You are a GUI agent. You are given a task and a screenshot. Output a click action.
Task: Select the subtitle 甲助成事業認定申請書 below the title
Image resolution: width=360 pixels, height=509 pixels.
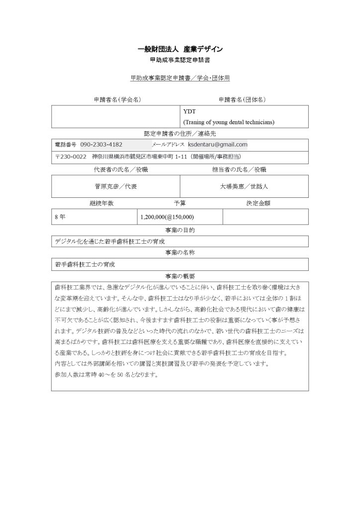pos(180,61)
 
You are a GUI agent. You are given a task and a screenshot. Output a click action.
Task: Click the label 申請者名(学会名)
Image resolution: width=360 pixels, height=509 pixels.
pos(115,99)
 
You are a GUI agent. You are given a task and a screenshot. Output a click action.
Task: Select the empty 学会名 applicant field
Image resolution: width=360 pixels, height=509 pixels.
pos(115,116)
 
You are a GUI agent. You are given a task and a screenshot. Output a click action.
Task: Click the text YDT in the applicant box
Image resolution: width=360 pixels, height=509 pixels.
pos(189,112)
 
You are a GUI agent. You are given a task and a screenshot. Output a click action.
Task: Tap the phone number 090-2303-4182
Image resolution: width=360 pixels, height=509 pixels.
pos(101,144)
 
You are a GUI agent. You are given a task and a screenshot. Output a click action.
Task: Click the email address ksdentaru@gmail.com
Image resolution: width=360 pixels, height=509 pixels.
pos(217,144)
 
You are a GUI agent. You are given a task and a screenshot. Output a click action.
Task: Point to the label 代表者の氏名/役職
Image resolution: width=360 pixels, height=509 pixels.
pos(115,170)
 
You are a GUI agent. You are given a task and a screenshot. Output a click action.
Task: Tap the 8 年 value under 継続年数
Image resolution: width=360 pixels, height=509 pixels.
pos(60,217)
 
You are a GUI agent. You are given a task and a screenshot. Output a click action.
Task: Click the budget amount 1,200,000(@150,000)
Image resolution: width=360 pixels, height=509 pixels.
pos(167,217)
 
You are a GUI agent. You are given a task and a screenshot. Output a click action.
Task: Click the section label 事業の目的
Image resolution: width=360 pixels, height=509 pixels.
pos(180,230)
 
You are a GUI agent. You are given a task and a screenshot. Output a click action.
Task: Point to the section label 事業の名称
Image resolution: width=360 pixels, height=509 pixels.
pos(180,253)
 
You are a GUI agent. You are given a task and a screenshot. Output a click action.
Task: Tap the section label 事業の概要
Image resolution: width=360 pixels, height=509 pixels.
pos(180,275)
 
